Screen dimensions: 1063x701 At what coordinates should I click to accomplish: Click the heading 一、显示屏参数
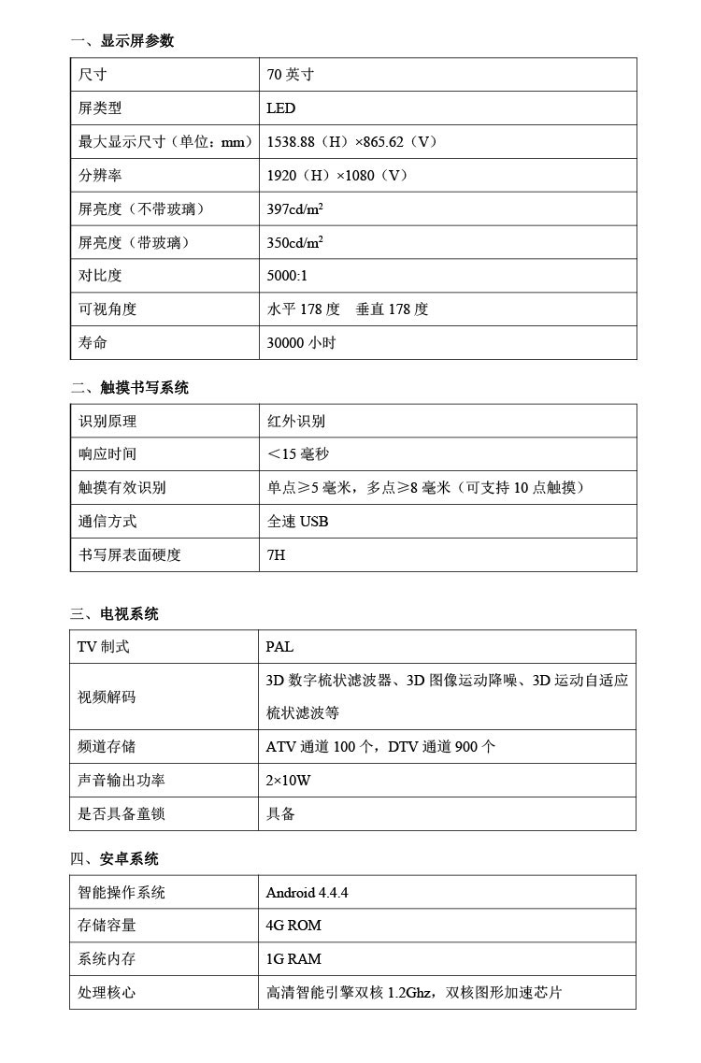click(x=122, y=41)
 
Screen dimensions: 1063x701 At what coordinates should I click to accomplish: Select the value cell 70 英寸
click(x=290, y=75)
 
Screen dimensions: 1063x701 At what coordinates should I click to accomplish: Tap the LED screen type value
click(x=280, y=108)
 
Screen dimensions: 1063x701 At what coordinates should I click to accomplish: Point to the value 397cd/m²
click(x=295, y=208)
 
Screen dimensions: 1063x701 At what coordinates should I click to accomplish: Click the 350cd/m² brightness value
click(x=295, y=242)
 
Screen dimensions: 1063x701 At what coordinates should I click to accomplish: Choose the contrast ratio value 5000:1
click(x=287, y=276)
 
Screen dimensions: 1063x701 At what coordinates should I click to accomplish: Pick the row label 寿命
click(x=93, y=342)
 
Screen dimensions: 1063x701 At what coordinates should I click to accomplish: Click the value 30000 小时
click(x=301, y=342)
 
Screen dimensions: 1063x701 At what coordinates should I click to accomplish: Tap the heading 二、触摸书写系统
click(x=130, y=388)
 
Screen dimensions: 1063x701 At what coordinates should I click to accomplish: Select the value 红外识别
click(x=295, y=421)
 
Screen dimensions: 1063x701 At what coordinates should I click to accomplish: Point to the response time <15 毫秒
click(x=298, y=454)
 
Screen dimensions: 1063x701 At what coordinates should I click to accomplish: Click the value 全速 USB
click(x=297, y=521)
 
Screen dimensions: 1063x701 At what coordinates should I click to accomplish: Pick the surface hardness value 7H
click(x=276, y=554)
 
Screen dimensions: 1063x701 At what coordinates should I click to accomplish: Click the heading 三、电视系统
click(x=115, y=614)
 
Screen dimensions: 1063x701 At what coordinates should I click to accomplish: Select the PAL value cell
click(x=279, y=647)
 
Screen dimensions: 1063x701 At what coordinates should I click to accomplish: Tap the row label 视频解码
click(x=107, y=697)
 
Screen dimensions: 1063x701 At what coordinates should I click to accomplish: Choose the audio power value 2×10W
click(x=288, y=780)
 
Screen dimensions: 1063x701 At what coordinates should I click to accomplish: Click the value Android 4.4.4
click(x=307, y=892)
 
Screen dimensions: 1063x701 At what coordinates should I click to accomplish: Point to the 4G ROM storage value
click(x=293, y=926)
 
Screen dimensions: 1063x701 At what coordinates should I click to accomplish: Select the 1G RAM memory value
click(x=293, y=959)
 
